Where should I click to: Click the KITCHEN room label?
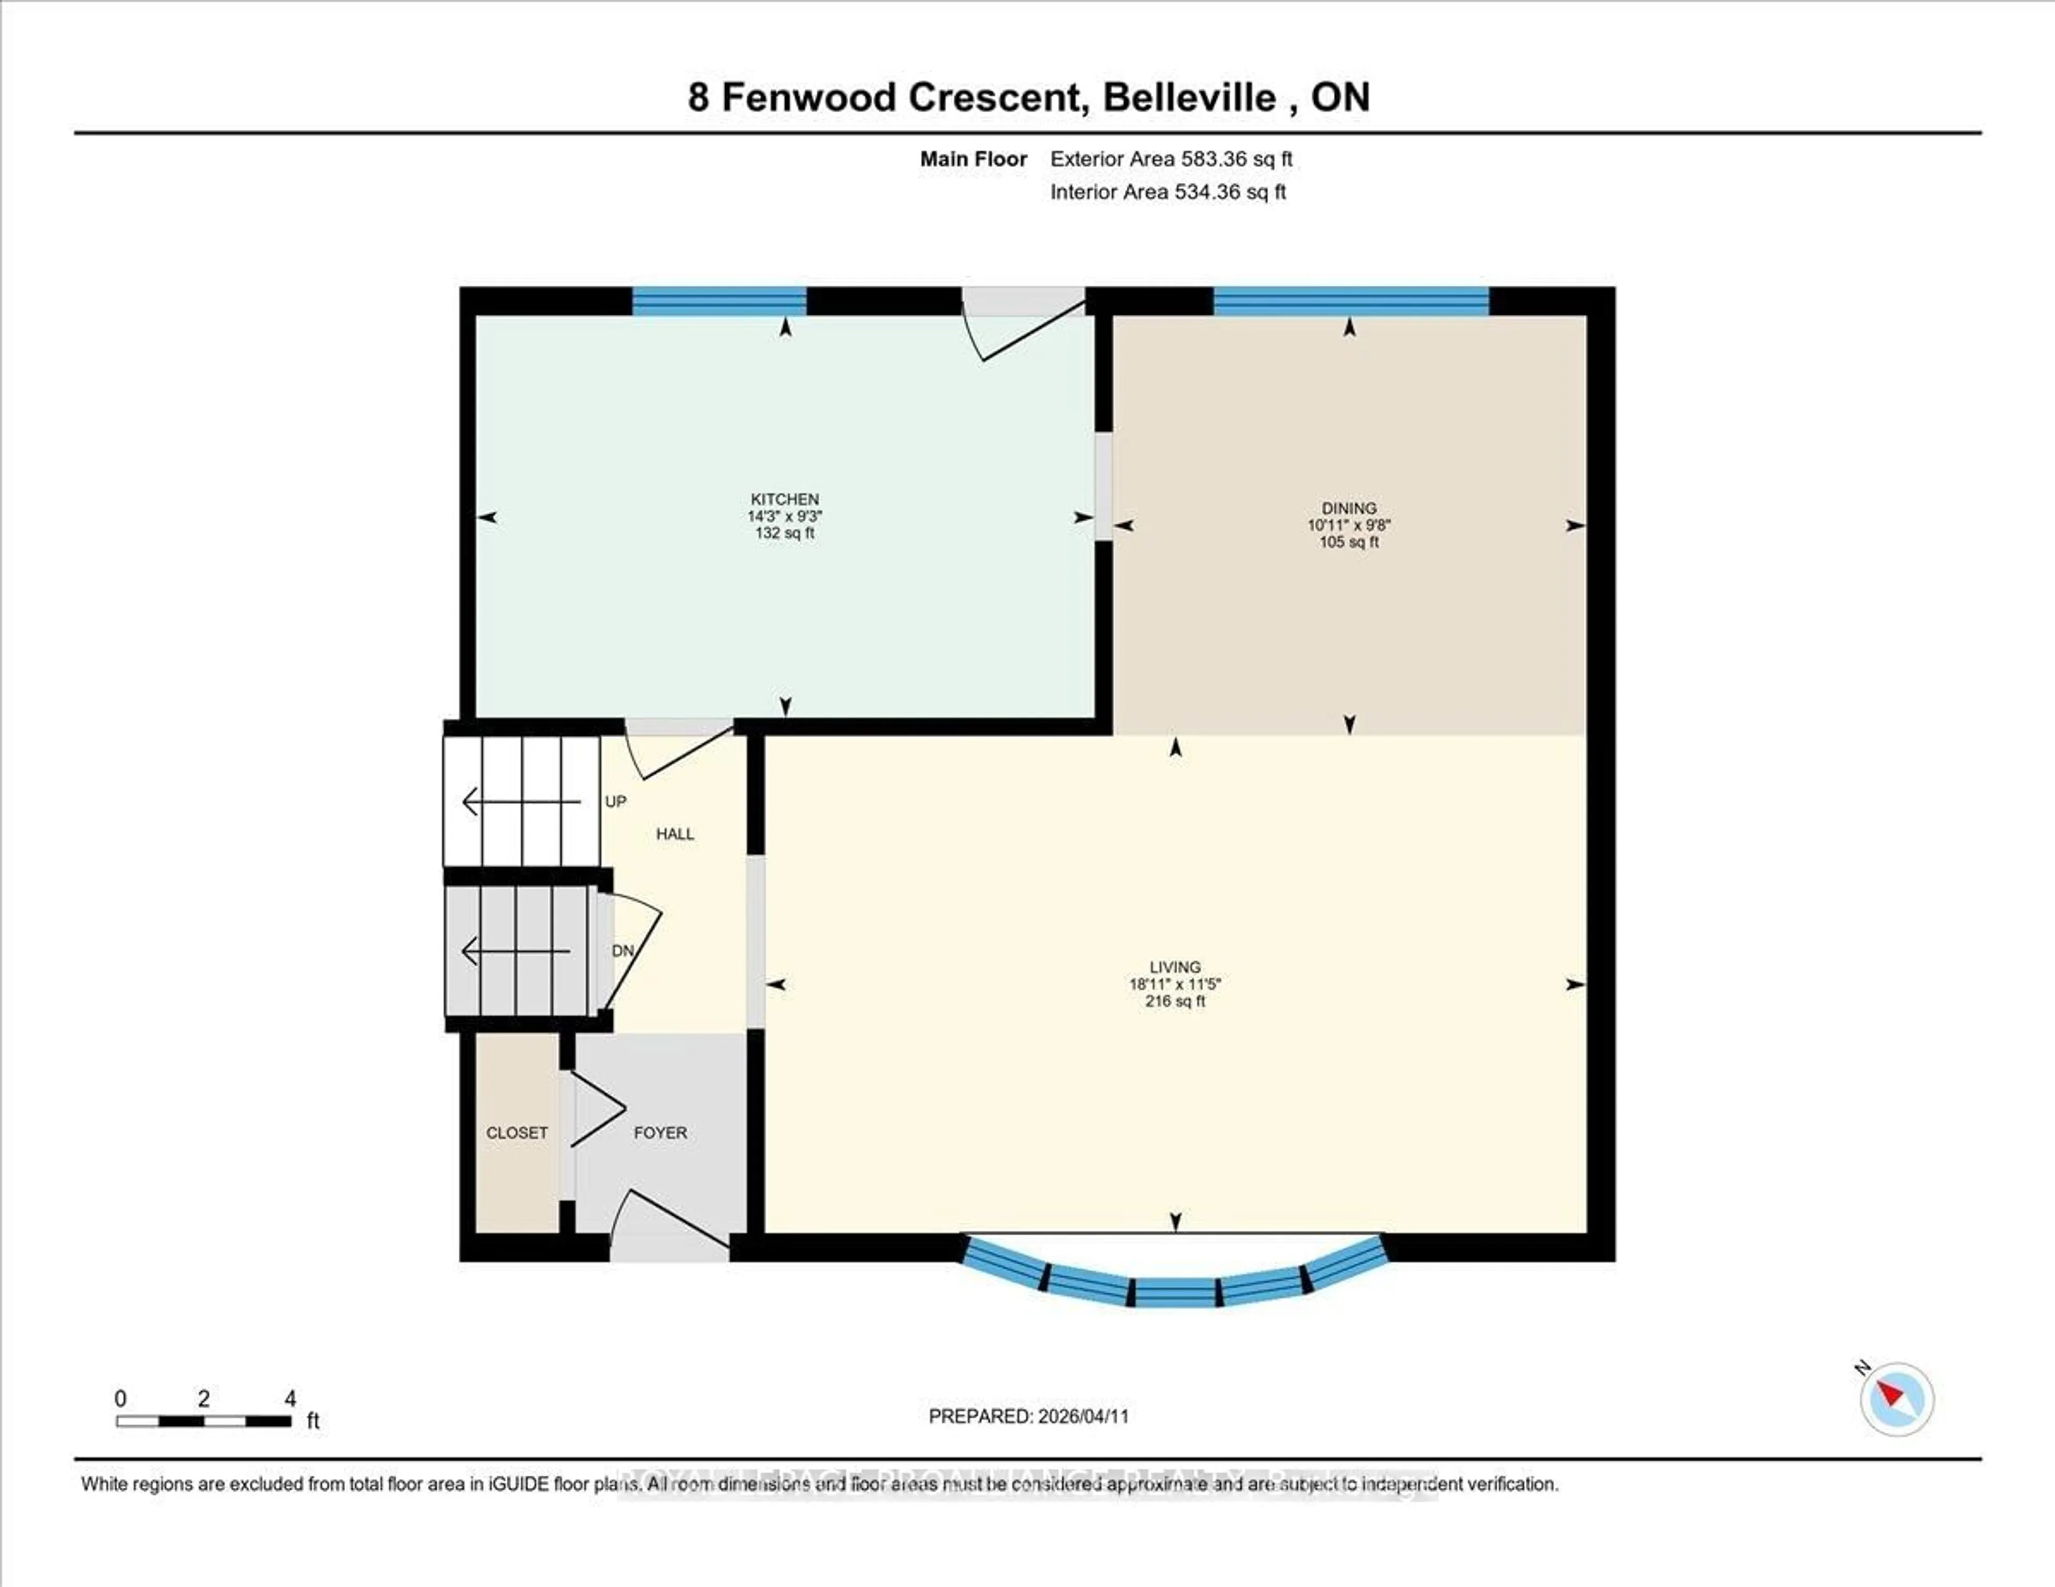pos(784,499)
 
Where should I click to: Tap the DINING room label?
pos(1349,508)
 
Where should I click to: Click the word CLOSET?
pos(516,1133)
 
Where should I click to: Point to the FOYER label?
pos(660,1133)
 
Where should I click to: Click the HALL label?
pos(675,834)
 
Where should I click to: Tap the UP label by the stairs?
pos(615,802)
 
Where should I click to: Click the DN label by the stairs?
pos(622,951)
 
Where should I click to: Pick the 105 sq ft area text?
pos(1349,543)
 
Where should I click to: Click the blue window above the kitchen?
pos(719,301)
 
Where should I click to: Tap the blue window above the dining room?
pos(1350,301)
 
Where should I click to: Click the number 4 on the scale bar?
pos(290,1399)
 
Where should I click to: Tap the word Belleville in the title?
pos(1189,97)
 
